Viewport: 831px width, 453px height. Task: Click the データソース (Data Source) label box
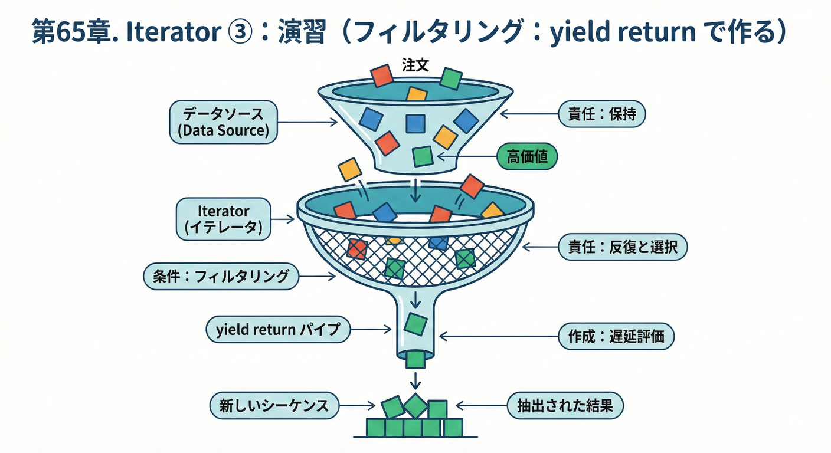[x=223, y=122]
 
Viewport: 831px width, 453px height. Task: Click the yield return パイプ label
[x=278, y=330]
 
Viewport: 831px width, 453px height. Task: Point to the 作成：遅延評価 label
[x=616, y=337]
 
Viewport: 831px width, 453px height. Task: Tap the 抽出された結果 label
[x=565, y=406]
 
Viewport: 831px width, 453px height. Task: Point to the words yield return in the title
[x=623, y=34]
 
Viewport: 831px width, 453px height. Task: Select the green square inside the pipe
[x=416, y=323]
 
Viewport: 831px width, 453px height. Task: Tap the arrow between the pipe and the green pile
[x=416, y=377]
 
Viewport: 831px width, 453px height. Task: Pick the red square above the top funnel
[x=381, y=75]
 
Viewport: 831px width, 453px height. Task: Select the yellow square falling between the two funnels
[x=349, y=169]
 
